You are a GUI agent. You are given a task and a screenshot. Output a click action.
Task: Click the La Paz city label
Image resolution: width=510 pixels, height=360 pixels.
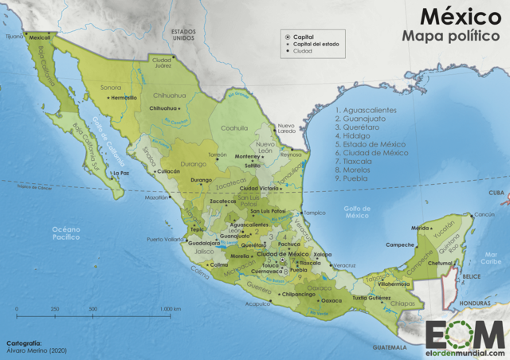pyautogui.click(x=121, y=172)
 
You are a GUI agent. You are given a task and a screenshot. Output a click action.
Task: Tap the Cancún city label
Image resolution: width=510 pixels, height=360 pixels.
pyautogui.click(x=484, y=215)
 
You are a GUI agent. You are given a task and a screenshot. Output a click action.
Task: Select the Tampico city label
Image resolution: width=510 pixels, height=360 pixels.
pyautogui.click(x=316, y=213)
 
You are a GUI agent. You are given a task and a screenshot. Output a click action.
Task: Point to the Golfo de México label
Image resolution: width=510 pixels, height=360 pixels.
pyautogui.click(x=357, y=211)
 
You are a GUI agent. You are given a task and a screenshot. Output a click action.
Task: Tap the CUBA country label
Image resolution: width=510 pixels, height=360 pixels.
pyautogui.click(x=497, y=193)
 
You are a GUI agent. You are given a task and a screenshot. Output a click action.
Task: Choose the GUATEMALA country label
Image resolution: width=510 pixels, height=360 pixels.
pyautogui.click(x=389, y=348)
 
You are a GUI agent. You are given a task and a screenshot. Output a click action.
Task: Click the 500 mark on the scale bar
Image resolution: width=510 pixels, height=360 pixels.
pyautogui.click(x=92, y=308)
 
